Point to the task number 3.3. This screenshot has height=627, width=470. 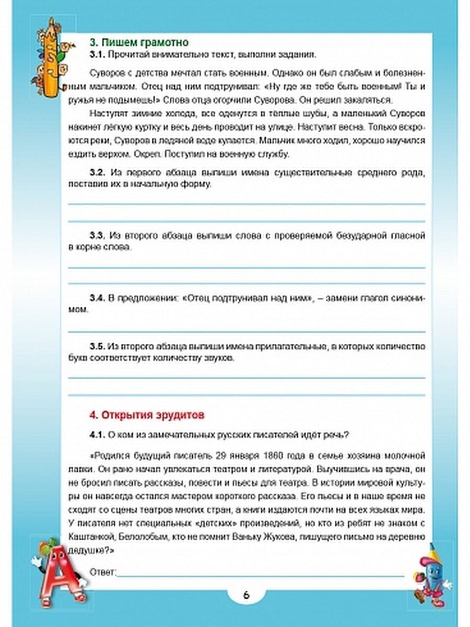point(98,236)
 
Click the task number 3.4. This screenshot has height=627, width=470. point(98,298)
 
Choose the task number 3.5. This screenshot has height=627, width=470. point(98,346)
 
